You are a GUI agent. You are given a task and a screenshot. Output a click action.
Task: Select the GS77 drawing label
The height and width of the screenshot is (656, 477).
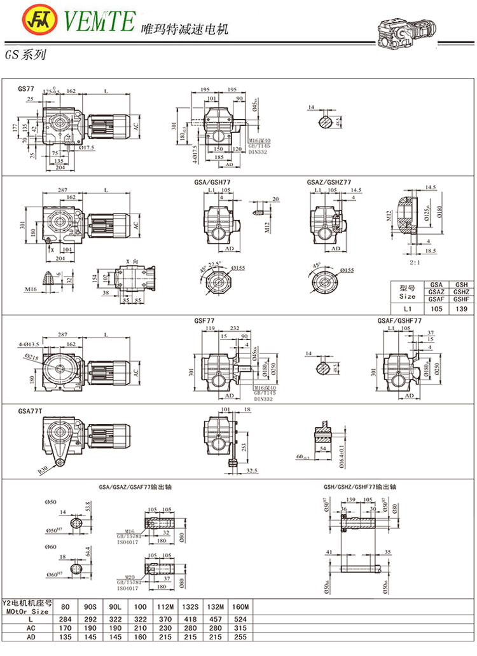click(27, 90)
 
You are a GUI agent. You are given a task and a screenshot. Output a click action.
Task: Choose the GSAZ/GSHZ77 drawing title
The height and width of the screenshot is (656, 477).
click(328, 182)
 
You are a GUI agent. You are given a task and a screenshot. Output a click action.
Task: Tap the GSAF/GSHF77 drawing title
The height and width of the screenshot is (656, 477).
click(399, 322)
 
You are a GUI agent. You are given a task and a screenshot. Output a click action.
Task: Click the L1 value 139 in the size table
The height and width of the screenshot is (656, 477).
click(460, 309)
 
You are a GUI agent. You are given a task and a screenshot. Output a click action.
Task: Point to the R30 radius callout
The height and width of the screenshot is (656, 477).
click(43, 471)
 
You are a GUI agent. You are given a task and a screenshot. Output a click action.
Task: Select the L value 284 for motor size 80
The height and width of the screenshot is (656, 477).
click(62, 617)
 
